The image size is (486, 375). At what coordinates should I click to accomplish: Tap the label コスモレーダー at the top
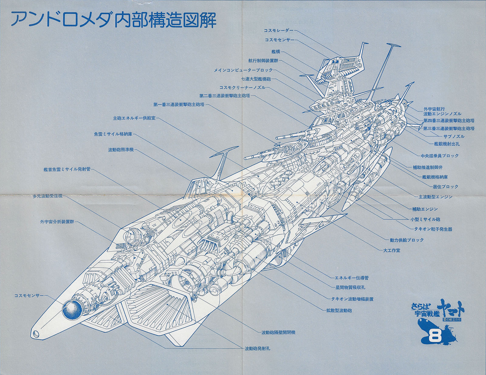[279, 30]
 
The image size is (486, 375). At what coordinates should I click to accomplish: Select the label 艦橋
[276, 52]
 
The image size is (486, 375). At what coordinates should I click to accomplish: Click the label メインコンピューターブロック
[243, 70]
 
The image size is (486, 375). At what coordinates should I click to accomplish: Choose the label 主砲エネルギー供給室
[134, 118]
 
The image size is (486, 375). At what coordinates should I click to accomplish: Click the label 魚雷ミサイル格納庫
[113, 134]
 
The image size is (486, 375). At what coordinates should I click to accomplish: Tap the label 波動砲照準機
[121, 150]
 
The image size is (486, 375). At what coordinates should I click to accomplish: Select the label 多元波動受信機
[47, 196]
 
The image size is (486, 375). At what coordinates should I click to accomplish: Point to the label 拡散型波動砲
[339, 310]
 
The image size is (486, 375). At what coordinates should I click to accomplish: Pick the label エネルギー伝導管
[351, 278]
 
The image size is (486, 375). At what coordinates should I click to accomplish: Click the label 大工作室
[392, 250]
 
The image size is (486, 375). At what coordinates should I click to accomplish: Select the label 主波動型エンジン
[436, 197]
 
